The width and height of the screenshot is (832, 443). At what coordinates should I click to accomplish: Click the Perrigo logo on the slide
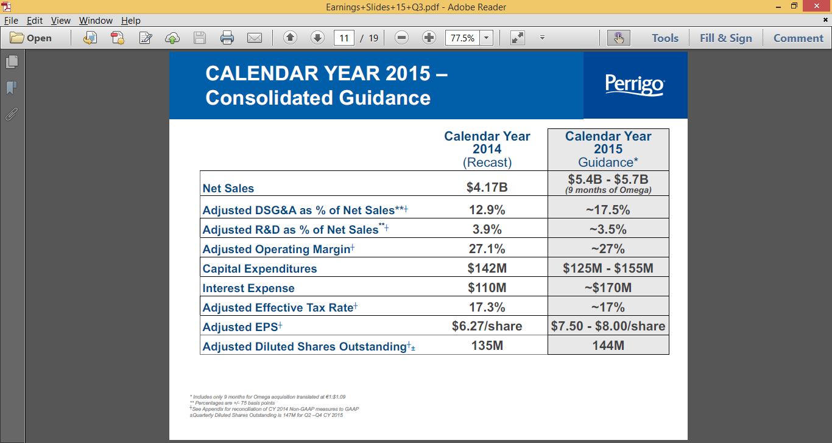pyautogui.click(x=635, y=85)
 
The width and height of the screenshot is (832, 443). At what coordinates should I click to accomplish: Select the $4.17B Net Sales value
pyautogui.click(x=487, y=187)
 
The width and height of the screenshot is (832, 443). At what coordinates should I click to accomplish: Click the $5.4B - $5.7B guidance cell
pyautogui.click(x=608, y=183)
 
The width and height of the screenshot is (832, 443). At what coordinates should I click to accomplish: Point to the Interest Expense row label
pyautogui.click(x=249, y=288)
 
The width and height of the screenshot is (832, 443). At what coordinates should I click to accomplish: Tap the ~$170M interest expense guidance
pyautogui.click(x=608, y=287)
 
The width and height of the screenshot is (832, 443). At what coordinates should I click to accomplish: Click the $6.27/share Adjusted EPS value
pyautogui.click(x=487, y=326)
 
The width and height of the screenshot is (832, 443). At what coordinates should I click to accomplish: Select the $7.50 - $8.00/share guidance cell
pyautogui.click(x=608, y=326)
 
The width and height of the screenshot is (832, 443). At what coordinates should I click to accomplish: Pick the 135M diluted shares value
pyautogui.click(x=487, y=346)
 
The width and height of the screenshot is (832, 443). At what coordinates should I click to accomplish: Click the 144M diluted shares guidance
pyautogui.click(x=608, y=346)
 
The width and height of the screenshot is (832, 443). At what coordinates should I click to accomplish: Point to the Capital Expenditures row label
pyautogui.click(x=259, y=269)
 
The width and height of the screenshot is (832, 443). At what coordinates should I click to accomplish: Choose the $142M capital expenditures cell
pyautogui.click(x=487, y=268)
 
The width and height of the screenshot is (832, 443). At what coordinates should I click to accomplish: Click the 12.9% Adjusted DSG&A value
pyautogui.click(x=487, y=210)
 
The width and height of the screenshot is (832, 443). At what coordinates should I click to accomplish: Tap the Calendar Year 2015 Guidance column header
pyautogui.click(x=608, y=149)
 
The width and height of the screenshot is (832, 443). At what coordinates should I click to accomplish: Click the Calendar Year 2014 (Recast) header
pyautogui.click(x=487, y=149)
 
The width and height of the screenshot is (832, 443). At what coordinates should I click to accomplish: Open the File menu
pyautogui.click(x=11, y=20)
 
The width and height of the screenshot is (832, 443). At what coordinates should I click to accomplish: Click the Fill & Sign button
pyautogui.click(x=725, y=38)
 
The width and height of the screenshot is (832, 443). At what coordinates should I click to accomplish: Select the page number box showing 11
pyautogui.click(x=344, y=38)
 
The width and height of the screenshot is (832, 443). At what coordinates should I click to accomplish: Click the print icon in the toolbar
pyautogui.click(x=227, y=38)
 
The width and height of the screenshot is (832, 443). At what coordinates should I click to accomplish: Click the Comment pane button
pyautogui.click(x=798, y=38)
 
